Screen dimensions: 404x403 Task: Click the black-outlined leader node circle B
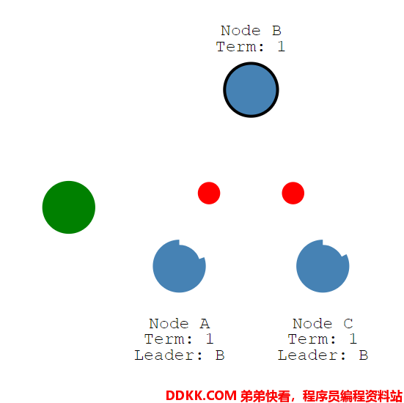(251, 89)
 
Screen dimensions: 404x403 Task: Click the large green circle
(69, 207)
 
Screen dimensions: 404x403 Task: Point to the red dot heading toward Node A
(209, 193)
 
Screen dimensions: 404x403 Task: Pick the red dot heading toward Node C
(293, 193)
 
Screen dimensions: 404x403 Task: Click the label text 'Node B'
(251, 31)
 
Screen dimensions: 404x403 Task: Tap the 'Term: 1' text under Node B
(251, 47)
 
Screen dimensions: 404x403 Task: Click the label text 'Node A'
(180, 323)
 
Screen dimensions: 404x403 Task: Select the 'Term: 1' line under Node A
(179, 339)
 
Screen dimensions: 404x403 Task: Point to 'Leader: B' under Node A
(180, 355)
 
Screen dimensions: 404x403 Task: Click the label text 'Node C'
(323, 323)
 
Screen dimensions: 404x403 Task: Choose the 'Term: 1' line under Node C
(323, 339)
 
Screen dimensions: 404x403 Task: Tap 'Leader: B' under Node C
(323, 355)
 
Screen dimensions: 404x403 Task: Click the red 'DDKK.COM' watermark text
(201, 396)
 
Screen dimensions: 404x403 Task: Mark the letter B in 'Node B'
(276, 31)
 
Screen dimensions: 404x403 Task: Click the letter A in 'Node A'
(205, 323)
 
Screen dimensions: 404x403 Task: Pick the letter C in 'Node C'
(348, 323)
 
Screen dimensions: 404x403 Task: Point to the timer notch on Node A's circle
(195, 250)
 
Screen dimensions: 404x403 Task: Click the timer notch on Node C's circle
(337, 248)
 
